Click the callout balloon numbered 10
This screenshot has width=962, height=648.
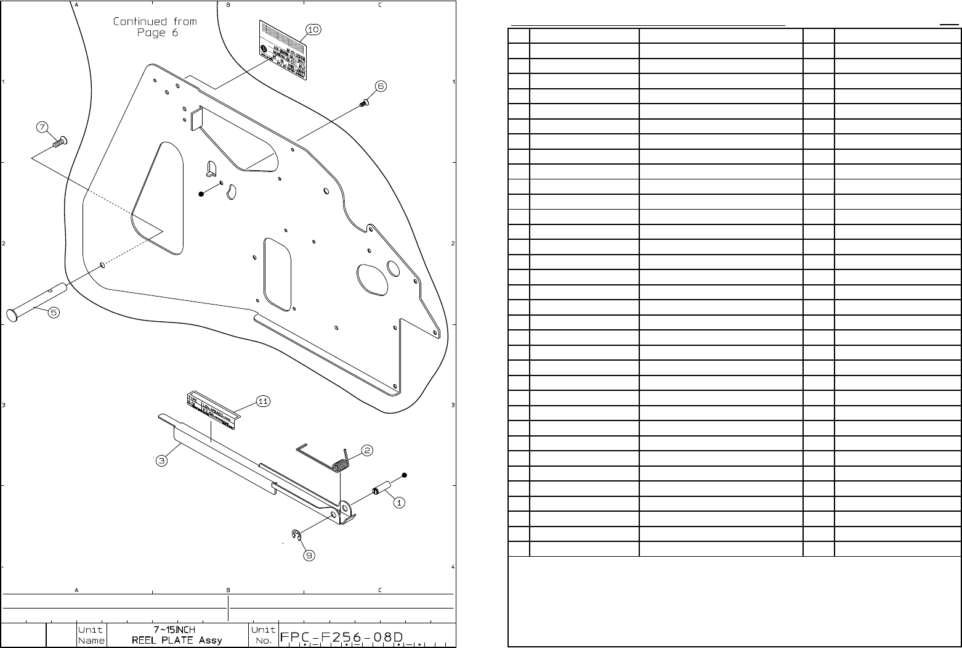(313, 29)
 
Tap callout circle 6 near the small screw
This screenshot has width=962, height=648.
(381, 86)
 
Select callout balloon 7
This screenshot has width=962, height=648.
(42, 127)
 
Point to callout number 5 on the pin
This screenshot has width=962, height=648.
(54, 313)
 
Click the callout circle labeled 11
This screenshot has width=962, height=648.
(263, 401)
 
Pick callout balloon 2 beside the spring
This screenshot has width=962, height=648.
(366, 450)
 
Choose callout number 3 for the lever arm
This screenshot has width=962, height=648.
(161, 461)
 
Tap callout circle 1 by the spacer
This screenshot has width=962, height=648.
(399, 502)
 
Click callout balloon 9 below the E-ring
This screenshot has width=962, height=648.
(309, 556)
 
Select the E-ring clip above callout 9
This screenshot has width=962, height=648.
(296, 535)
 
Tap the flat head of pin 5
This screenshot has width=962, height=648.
(13, 315)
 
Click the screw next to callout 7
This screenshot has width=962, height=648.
(60, 142)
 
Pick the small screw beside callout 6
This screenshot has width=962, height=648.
(363, 104)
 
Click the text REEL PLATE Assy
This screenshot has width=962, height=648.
(177, 640)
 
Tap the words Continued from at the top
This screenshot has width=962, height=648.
(155, 22)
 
